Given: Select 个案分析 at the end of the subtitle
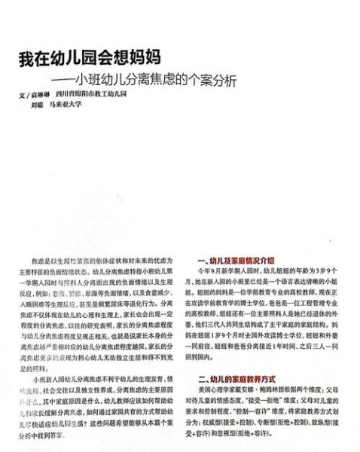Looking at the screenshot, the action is tap(219, 80).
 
